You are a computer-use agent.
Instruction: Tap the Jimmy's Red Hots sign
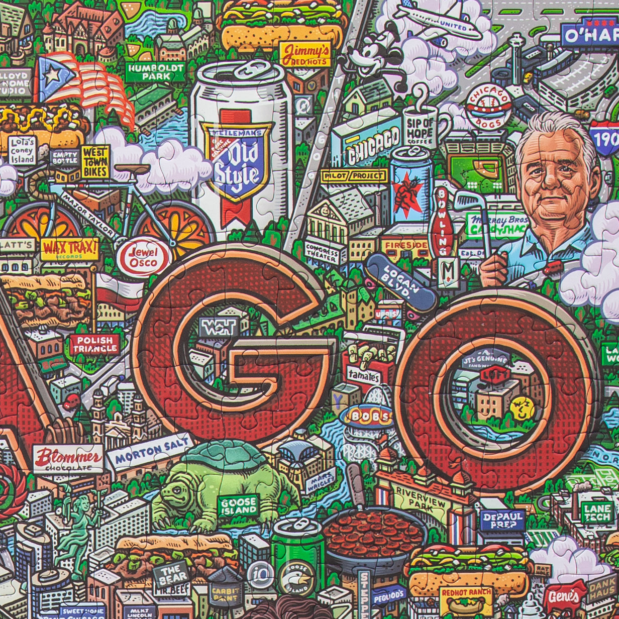(x=305, y=54)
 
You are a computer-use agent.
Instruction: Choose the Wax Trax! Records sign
(x=69, y=249)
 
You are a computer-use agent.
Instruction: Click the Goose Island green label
(x=238, y=505)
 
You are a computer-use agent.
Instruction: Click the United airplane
(x=437, y=20)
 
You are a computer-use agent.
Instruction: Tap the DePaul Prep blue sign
(x=502, y=520)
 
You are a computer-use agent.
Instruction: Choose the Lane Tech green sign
(x=597, y=512)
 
